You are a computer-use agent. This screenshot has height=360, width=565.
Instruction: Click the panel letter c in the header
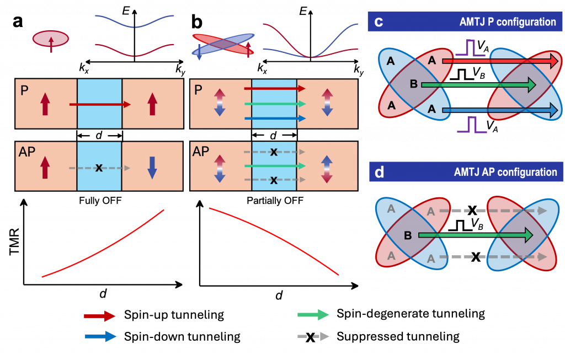(x=379, y=22)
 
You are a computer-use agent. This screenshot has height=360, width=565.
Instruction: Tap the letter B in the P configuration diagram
(x=414, y=84)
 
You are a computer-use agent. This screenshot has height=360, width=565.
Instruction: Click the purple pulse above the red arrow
(x=471, y=48)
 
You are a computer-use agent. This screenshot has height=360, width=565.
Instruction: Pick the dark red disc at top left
(x=51, y=39)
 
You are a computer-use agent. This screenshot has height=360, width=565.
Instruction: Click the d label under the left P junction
(x=99, y=135)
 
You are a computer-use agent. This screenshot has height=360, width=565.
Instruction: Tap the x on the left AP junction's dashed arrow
(x=99, y=168)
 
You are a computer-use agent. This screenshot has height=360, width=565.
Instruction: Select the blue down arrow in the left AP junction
(x=152, y=167)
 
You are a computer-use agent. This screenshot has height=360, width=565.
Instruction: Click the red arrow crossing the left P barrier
(x=100, y=104)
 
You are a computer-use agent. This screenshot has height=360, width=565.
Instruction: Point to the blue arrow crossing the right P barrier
(x=274, y=118)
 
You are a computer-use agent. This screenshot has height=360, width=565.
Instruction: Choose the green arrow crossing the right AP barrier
(x=274, y=166)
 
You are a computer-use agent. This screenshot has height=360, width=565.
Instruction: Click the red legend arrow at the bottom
(x=99, y=316)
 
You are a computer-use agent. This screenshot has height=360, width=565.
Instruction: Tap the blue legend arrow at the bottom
(x=100, y=336)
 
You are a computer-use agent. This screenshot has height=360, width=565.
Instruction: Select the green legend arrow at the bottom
(x=313, y=315)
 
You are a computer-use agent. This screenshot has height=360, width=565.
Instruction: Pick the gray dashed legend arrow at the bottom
(x=313, y=336)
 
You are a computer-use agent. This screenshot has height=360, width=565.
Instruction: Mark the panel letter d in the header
(x=380, y=172)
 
